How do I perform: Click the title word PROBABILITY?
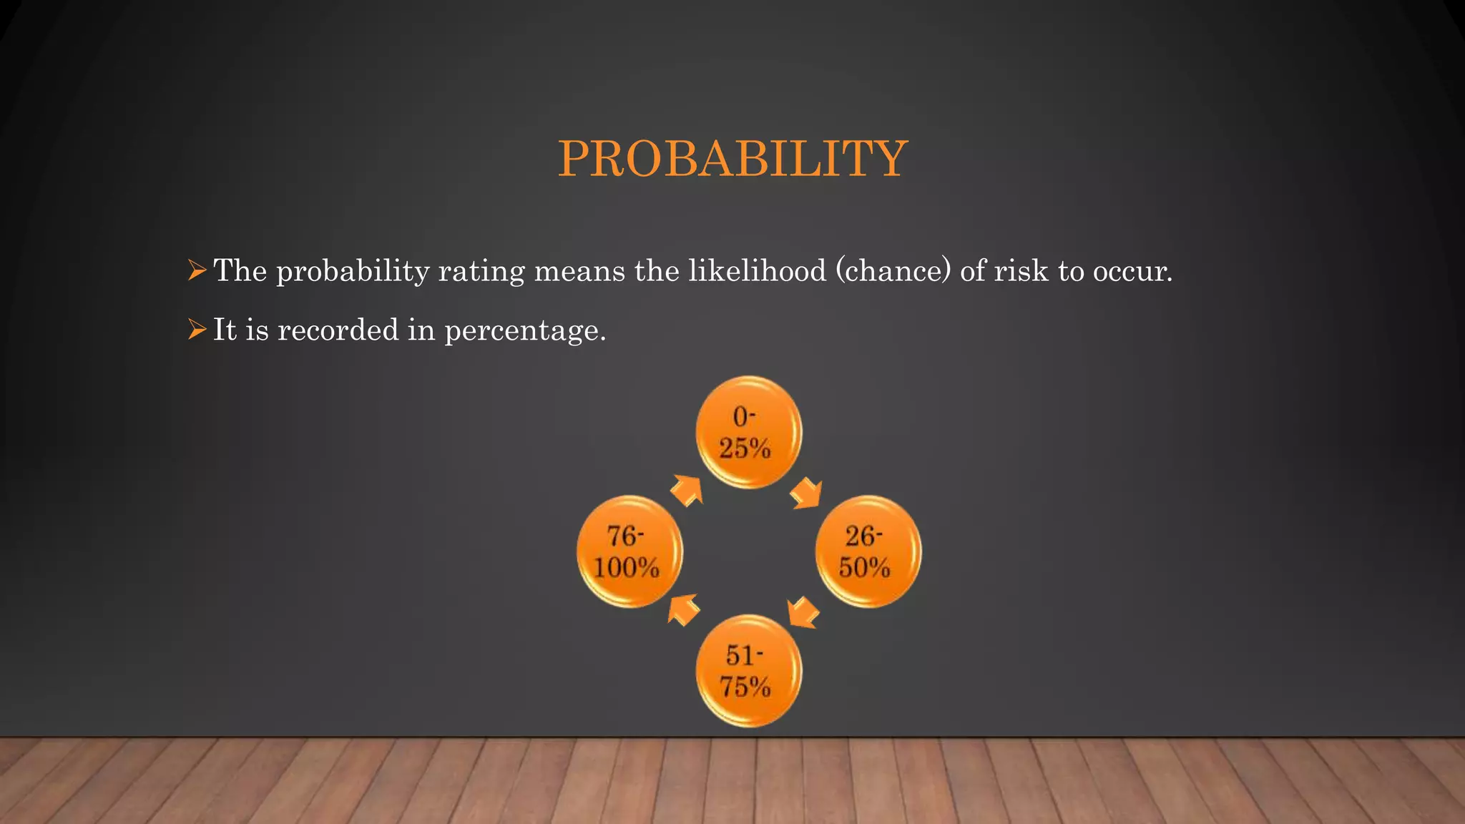pos(732,158)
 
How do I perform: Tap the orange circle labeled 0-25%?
pos(748,432)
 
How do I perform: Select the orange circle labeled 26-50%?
pos(868,551)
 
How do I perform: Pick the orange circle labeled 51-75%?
pos(748,671)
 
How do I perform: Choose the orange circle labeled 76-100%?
pos(629,551)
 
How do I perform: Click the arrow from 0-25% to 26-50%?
pos(807,493)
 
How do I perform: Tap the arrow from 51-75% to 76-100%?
pos(684,609)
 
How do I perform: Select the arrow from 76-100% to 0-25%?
pos(687,491)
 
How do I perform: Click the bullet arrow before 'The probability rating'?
pos(197,270)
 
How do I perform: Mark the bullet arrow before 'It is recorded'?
pos(197,329)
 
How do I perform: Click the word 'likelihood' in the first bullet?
pos(757,271)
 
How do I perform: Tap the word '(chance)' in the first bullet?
pos(893,271)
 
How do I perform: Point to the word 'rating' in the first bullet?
pos(481,271)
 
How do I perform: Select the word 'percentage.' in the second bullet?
pos(525,330)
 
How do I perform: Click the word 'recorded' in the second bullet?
pos(338,330)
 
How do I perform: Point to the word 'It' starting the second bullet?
pos(225,330)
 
